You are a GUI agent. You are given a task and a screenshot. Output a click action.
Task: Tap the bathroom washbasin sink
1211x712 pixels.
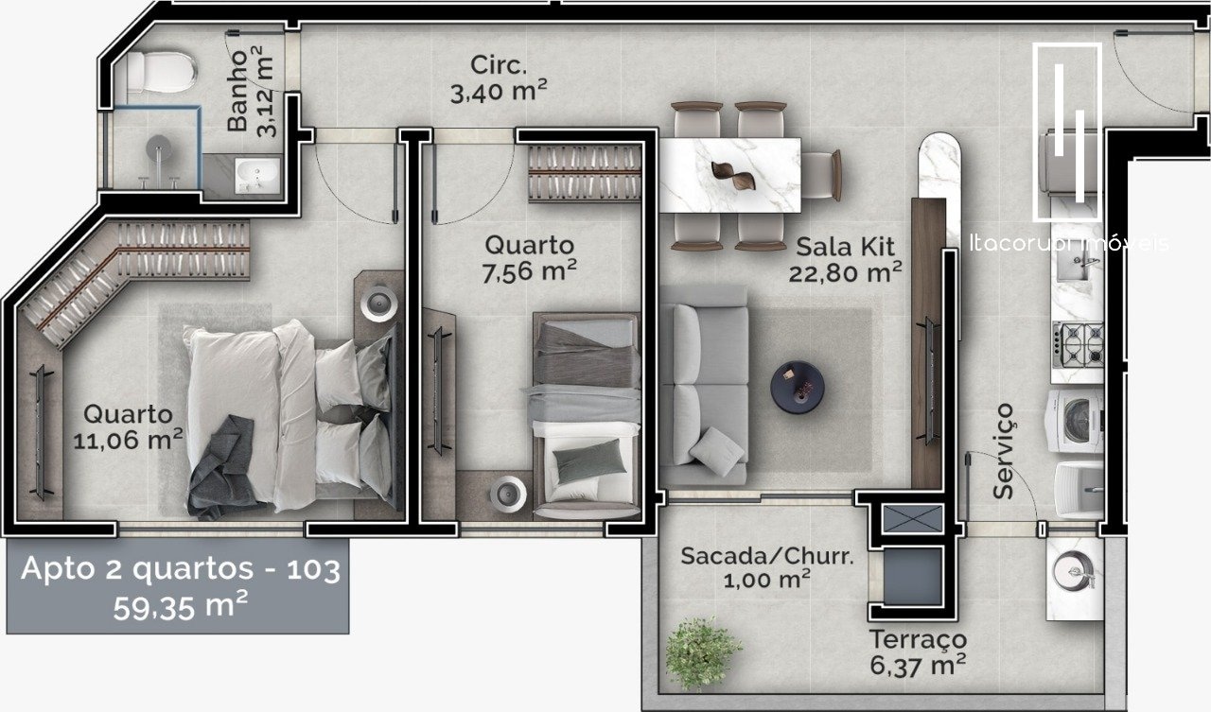(258, 175)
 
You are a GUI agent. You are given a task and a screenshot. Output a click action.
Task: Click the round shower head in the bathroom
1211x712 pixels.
(158, 148)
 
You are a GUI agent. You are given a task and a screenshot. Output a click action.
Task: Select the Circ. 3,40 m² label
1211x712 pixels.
(499, 79)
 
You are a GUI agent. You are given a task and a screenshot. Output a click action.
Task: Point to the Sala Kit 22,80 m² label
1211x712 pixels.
(845, 260)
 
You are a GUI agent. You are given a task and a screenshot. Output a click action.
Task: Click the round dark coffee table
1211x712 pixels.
(798, 388)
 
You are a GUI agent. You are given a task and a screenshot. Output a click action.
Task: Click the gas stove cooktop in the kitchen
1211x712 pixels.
(1078, 344)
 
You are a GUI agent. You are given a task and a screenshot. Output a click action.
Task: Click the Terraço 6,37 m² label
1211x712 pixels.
(918, 652)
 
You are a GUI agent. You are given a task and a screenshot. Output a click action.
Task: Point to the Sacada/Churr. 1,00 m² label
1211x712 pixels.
(767, 567)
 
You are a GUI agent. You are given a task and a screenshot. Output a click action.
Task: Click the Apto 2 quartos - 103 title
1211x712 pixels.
(181, 569)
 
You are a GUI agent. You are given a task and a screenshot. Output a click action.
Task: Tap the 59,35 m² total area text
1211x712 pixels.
(181, 605)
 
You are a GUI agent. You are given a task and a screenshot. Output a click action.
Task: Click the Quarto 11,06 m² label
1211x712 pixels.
(128, 426)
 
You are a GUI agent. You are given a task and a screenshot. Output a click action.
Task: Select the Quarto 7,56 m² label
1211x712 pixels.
(529, 258)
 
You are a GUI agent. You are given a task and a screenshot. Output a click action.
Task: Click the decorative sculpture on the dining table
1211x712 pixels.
(733, 176)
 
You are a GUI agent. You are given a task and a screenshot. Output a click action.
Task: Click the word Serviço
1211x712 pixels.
(1004, 451)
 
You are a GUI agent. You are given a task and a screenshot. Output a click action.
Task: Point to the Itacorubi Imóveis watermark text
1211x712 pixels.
(1069, 243)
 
